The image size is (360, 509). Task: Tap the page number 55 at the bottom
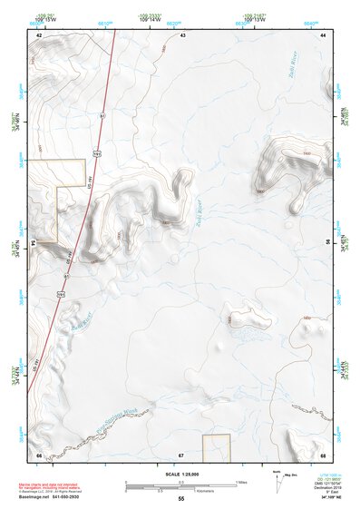181,499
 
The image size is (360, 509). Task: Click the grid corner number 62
39,34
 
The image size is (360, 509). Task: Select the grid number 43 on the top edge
182,34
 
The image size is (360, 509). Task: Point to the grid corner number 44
324,34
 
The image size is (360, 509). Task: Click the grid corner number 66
39,454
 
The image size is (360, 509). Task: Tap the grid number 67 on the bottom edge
181,454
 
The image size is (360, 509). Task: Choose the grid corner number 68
324,454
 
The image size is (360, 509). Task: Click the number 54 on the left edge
33,243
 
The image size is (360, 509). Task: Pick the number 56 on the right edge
329,243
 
